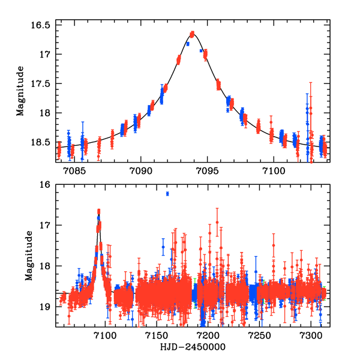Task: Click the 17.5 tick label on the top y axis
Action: click(x=41, y=83)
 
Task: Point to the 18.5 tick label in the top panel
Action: click(x=41, y=142)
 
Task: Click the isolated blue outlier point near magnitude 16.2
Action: click(x=167, y=193)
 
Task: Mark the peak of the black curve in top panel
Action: click(x=192, y=33)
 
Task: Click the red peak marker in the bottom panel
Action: click(x=98, y=211)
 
